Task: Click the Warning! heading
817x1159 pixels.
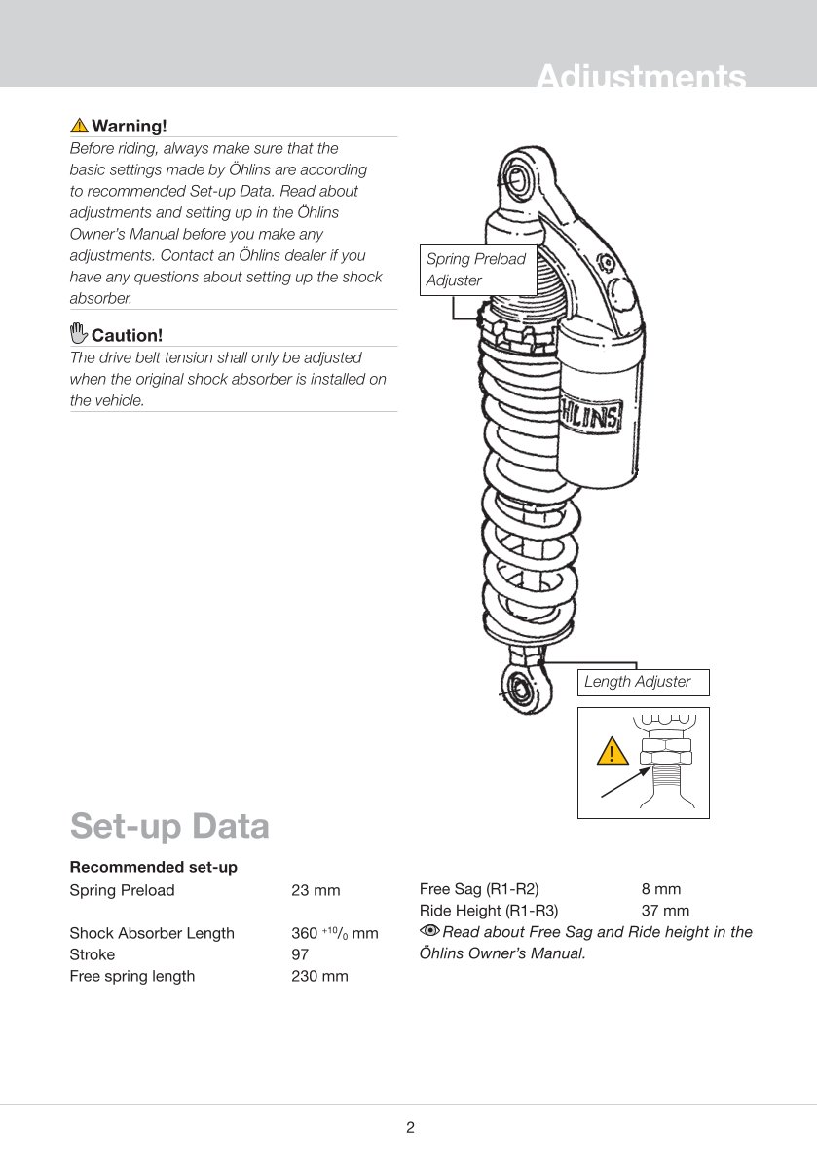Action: tap(129, 126)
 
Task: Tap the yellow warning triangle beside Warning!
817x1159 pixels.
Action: tap(79, 126)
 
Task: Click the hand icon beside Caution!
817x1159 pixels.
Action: tap(79, 334)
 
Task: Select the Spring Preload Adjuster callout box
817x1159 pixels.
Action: tap(477, 270)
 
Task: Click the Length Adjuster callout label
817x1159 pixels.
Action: tap(638, 682)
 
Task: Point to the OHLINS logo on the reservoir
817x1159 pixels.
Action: tap(591, 418)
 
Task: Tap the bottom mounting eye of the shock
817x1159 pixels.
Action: tap(517, 688)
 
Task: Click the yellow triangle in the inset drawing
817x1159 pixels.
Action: tap(613, 752)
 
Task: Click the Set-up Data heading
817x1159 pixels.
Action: tap(169, 826)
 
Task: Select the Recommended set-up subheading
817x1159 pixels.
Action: tap(153, 867)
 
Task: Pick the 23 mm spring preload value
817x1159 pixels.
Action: tap(316, 890)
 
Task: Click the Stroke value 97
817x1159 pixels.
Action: tap(300, 954)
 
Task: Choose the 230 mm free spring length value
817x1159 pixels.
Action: tap(319, 976)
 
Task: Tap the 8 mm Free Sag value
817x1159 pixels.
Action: tap(661, 889)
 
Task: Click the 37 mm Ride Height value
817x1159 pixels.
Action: tap(665, 911)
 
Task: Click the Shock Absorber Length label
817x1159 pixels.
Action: tap(152, 933)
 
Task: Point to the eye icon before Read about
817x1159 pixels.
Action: tap(429, 932)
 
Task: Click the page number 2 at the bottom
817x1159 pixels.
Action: tap(410, 1128)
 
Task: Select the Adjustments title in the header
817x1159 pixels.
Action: tap(642, 77)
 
